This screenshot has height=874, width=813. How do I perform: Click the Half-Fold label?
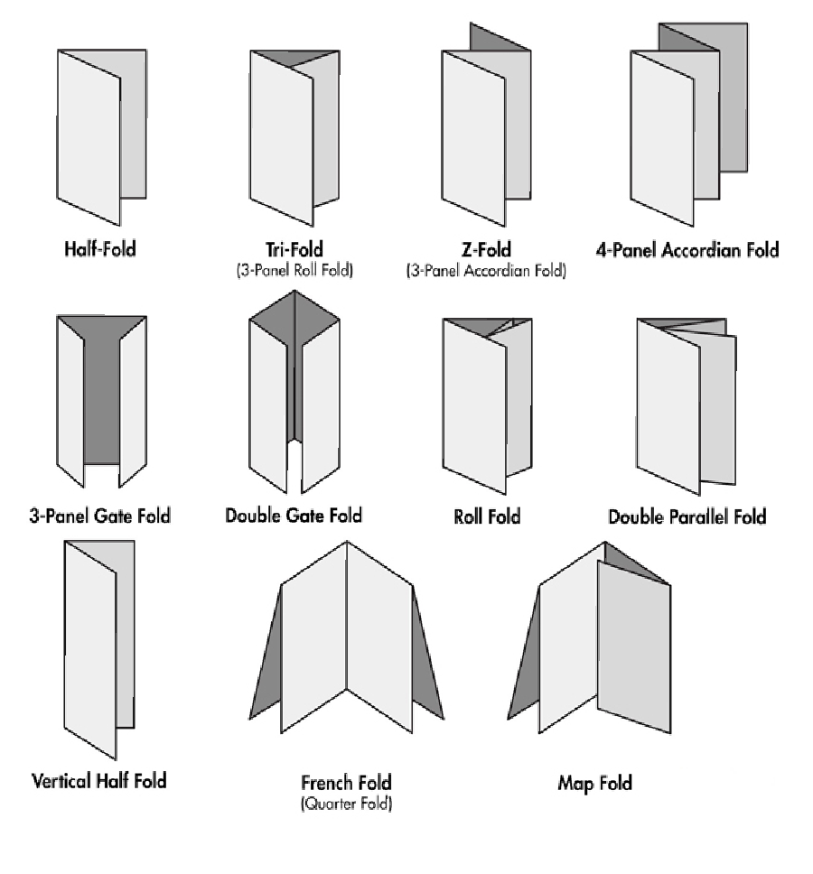99,248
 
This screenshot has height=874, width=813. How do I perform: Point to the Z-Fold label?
486,248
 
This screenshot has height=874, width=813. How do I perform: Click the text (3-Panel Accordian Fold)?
486,269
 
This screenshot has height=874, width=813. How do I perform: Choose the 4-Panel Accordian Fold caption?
687,248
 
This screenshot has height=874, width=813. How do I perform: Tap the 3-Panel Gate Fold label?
99,516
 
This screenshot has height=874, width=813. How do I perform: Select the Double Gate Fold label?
294,515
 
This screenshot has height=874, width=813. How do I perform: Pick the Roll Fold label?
487,516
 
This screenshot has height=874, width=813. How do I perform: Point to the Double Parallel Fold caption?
687,516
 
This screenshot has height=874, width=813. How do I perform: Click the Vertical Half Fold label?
99,780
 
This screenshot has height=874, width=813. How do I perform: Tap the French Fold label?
346,782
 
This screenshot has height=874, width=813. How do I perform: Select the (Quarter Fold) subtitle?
346,803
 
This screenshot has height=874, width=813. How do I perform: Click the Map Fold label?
594,783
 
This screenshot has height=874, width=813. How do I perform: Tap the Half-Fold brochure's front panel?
89,135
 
